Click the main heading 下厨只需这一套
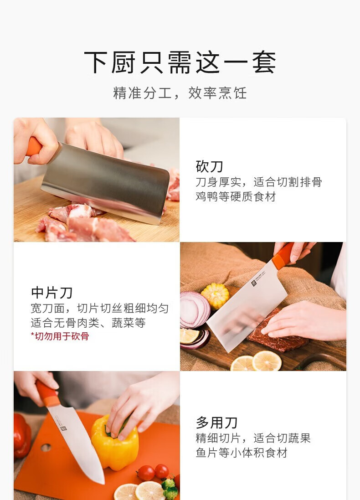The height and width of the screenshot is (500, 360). (x=180, y=62)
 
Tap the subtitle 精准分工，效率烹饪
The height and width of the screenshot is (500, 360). (x=180, y=93)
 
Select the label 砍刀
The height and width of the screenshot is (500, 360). (x=209, y=166)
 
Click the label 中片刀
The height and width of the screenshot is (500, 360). (x=51, y=293)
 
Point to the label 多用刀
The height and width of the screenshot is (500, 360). (x=216, y=423)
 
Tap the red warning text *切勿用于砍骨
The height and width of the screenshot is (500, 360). (x=60, y=336)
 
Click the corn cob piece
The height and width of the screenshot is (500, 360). (x=215, y=296)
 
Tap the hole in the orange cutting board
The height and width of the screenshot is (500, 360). (x=46, y=448)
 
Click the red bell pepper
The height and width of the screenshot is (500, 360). (x=22, y=436)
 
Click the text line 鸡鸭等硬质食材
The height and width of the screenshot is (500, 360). (x=236, y=196)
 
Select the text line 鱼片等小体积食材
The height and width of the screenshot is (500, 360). (x=242, y=453)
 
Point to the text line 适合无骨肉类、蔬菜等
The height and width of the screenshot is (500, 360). (x=88, y=323)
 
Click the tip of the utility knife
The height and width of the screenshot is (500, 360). (x=103, y=484)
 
